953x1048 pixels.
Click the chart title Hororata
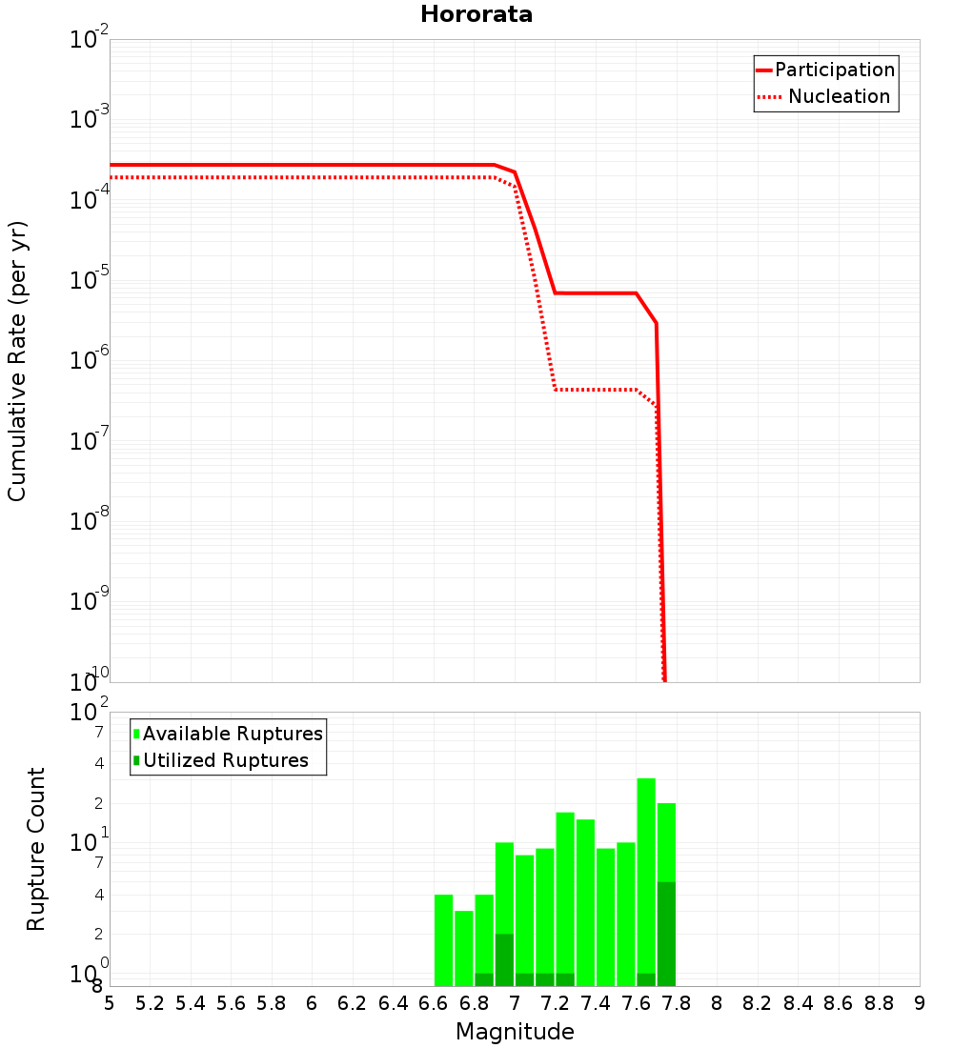click(x=476, y=14)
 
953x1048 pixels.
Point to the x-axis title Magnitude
click(x=515, y=1032)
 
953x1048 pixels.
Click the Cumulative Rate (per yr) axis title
click(x=18, y=360)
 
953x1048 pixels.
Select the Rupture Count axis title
click(x=36, y=849)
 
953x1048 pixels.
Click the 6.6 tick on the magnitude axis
click(x=434, y=1003)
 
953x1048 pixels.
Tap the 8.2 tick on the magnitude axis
click(x=758, y=1003)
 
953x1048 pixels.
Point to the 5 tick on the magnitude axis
click(x=110, y=1003)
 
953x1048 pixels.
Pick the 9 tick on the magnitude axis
click(x=920, y=1003)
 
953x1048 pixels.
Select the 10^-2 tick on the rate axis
click(x=89, y=40)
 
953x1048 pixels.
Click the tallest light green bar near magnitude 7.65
click(x=646, y=877)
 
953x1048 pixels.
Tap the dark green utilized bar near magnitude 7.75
click(x=666, y=934)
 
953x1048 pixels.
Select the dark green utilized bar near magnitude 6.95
click(x=504, y=959)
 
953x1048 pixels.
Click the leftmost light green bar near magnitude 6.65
click(x=443, y=940)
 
